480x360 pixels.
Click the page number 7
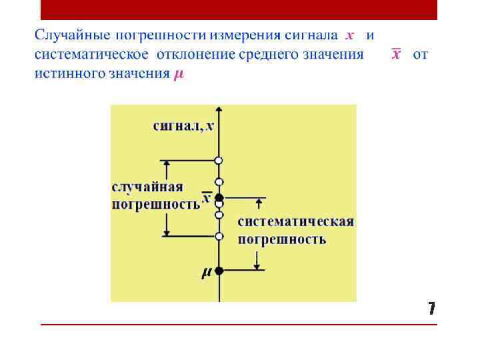click(431, 308)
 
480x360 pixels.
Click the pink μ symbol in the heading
click(179, 75)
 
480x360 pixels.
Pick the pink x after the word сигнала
click(350, 36)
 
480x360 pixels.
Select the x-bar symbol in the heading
click(396, 54)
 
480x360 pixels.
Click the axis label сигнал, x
click(183, 125)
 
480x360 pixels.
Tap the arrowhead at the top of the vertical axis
click(219, 111)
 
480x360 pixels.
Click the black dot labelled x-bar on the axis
click(219, 197)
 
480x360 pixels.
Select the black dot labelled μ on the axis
click(219, 270)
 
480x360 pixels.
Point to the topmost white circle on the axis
click(219, 161)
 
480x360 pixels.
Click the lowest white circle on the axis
click(219, 235)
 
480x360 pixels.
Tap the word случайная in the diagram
click(147, 187)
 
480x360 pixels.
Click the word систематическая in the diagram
click(295, 222)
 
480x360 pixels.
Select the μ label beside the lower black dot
click(206, 271)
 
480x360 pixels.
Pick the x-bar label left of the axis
click(207, 198)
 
